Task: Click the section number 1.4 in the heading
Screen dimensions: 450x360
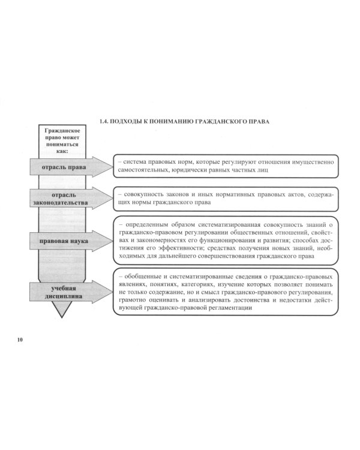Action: pos(103,121)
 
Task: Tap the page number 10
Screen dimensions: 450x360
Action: pos(20,340)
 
